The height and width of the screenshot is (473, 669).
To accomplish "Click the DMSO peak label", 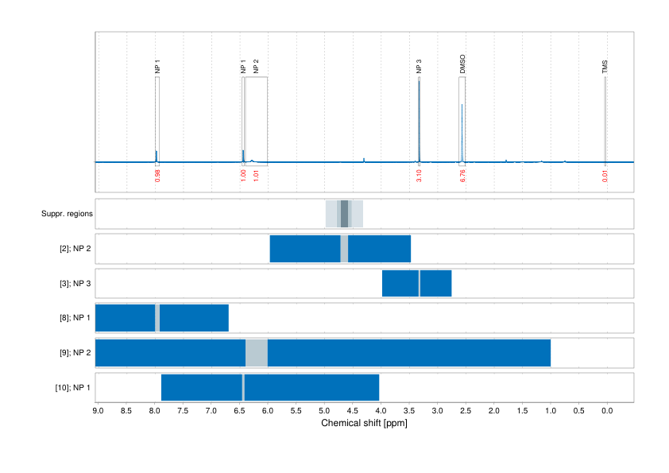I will pyautogui.click(x=462, y=65).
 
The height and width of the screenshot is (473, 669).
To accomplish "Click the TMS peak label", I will pyautogui.click(x=605, y=67).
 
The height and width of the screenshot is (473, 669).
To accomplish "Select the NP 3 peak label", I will pyautogui.click(x=419, y=67).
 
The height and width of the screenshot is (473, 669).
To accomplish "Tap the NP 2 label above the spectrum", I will pyautogui.click(x=256, y=67).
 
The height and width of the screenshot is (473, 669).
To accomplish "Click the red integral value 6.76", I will pyautogui.click(x=462, y=176).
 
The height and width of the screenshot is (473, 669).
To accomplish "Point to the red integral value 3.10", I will pyautogui.click(x=419, y=176).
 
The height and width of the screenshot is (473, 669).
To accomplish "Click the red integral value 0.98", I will pyautogui.click(x=157, y=176).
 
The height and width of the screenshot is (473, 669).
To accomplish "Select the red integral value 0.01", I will pyautogui.click(x=605, y=176).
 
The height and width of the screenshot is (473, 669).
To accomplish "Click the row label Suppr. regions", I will pyautogui.click(x=67, y=214).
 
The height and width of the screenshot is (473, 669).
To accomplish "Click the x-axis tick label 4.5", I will pyautogui.click(x=352, y=411).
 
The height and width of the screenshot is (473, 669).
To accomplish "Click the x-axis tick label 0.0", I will pyautogui.click(x=606, y=411).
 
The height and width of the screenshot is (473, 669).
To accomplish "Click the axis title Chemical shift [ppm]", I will pyautogui.click(x=364, y=423).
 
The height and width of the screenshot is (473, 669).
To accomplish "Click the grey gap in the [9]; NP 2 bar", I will pyautogui.click(x=257, y=352).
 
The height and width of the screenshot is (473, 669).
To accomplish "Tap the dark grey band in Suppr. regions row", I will pyautogui.click(x=344, y=214).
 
